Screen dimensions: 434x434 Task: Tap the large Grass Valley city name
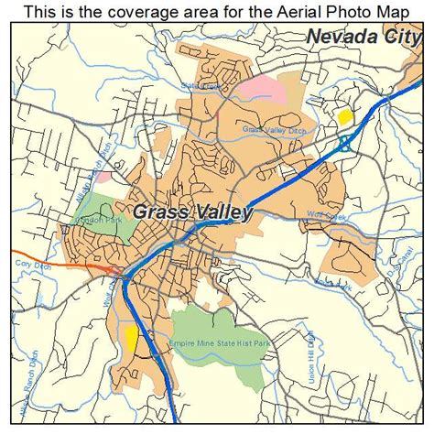point(191,212)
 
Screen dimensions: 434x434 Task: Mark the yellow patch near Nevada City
point(344,117)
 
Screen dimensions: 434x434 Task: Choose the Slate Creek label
point(202,86)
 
